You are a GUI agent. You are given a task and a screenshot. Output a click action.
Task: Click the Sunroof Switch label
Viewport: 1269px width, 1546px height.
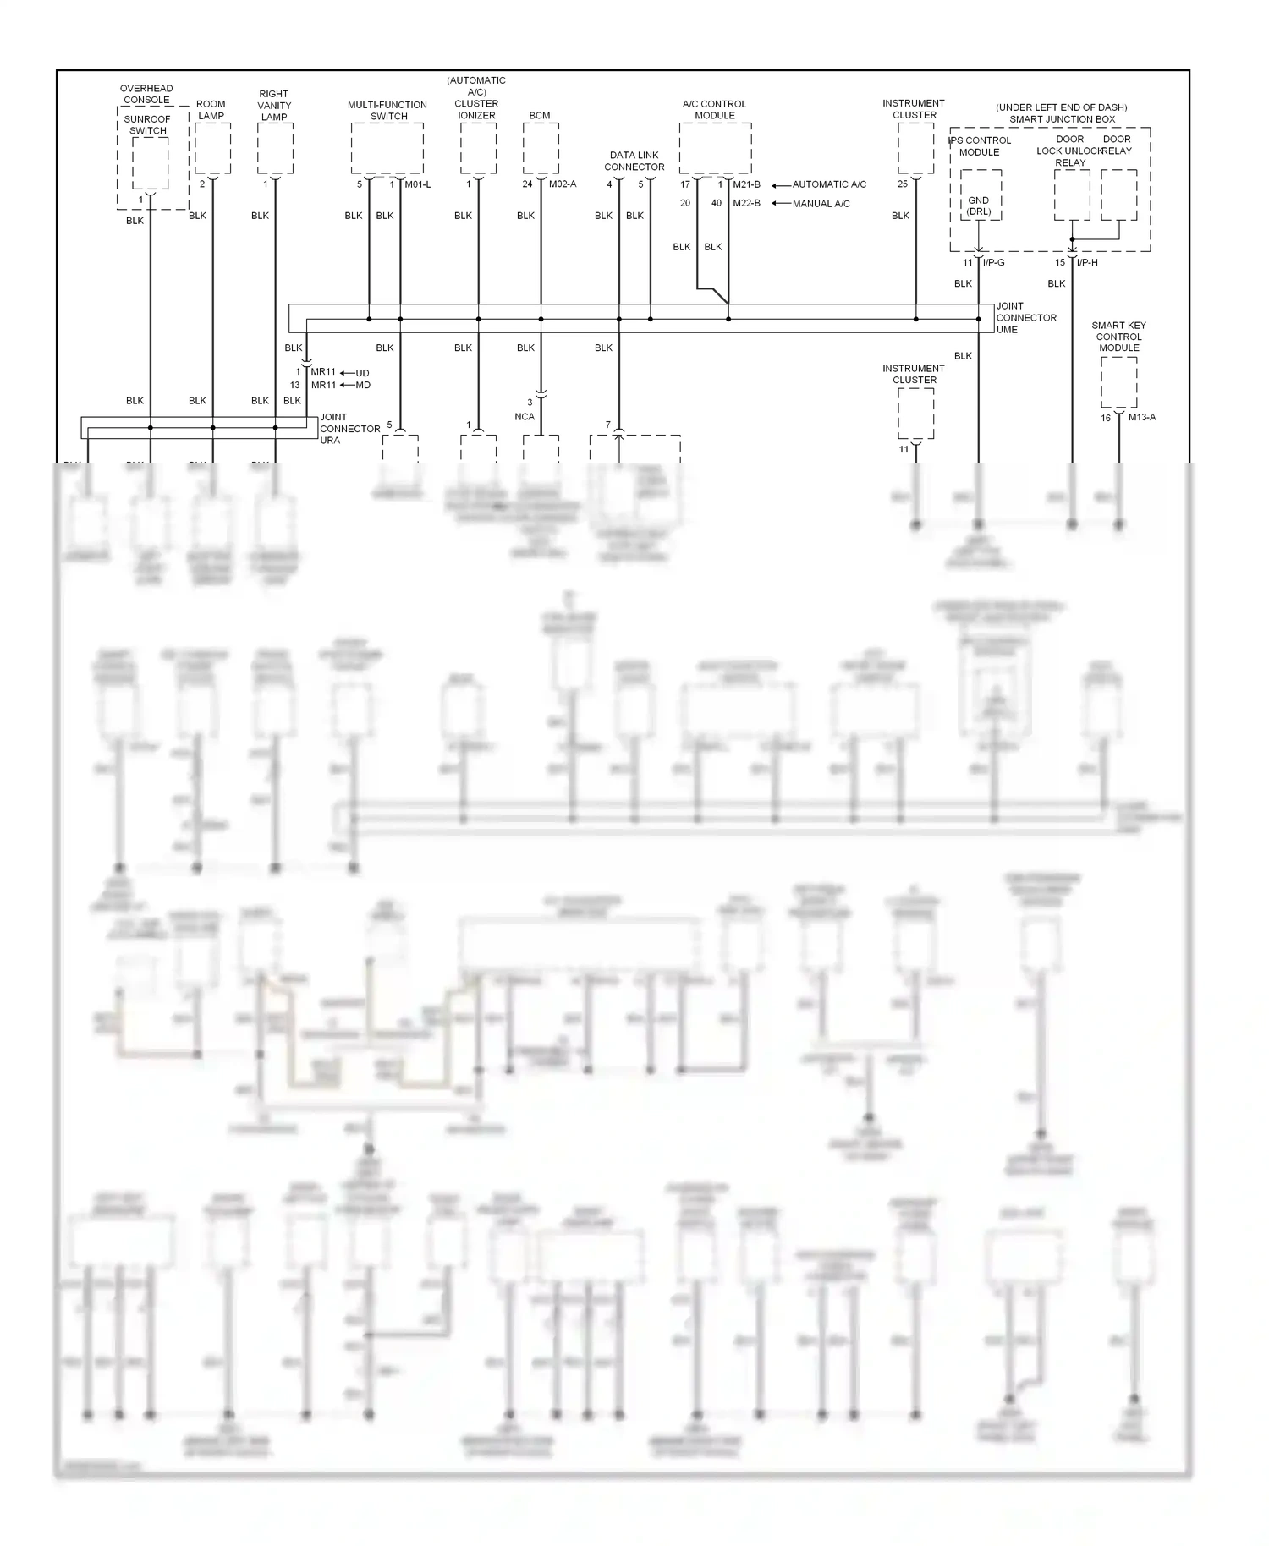(148, 124)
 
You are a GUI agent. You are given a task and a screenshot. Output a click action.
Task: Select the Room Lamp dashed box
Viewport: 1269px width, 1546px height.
(212, 148)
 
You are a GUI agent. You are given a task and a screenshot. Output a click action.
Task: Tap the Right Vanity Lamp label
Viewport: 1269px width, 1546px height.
(274, 106)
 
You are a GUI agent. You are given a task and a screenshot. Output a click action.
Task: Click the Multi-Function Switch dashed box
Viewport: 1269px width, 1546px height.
(387, 148)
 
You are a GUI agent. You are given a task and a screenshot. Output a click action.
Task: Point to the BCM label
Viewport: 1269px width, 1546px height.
(540, 116)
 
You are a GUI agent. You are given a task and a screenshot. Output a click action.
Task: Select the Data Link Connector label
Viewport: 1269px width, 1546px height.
(634, 161)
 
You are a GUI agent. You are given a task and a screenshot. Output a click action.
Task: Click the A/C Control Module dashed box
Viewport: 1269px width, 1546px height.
(715, 148)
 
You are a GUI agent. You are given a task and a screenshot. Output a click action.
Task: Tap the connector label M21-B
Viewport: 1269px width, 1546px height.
(746, 184)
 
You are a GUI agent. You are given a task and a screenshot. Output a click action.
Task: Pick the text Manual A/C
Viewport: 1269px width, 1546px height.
(821, 204)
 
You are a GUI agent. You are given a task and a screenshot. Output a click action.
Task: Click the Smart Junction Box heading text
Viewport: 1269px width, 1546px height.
(1062, 119)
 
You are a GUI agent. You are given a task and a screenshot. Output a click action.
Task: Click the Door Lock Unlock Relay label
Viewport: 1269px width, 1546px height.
(1069, 151)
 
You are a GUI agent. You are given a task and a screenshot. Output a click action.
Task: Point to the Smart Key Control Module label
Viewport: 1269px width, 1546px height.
(1118, 337)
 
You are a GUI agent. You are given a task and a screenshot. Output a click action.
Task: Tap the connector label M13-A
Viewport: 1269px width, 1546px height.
(1141, 417)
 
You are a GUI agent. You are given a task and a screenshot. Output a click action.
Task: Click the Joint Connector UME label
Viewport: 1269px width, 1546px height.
(1025, 318)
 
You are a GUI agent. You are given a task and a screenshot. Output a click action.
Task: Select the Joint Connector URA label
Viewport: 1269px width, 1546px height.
(349, 429)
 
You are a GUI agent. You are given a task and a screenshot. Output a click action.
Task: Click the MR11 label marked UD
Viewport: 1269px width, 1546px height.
(323, 372)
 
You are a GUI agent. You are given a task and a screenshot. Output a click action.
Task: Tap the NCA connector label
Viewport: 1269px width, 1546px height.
(525, 416)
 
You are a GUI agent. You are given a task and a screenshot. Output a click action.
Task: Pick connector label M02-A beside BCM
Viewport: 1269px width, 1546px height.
(563, 184)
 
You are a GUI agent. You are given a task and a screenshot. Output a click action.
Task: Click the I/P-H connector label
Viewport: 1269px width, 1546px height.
(1087, 262)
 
